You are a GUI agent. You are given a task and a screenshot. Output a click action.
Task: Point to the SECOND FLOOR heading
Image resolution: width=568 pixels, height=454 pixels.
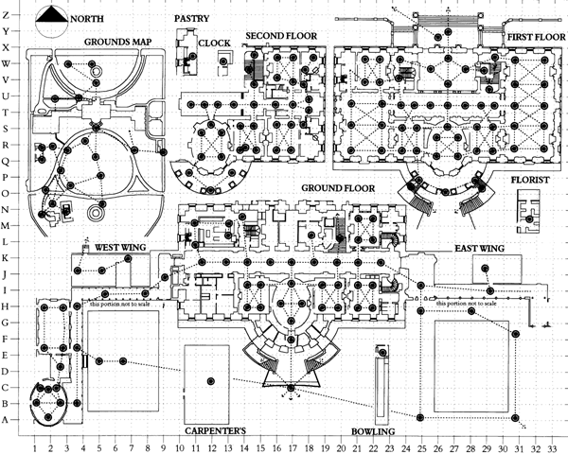pyautogui.click(x=281, y=36)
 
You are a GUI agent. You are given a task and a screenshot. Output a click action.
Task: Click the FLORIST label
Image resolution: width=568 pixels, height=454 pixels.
pyautogui.click(x=530, y=178)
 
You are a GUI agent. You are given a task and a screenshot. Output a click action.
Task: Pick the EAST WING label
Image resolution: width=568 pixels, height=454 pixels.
pyautogui.click(x=479, y=248)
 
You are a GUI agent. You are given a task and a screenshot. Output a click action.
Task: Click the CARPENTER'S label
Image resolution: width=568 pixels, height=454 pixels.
pyautogui.click(x=215, y=431)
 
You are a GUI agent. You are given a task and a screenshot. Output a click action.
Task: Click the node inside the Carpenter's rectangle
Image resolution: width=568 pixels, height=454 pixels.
pyautogui.click(x=212, y=380)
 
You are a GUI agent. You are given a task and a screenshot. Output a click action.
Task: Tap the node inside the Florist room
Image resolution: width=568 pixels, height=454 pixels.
pyautogui.click(x=530, y=219)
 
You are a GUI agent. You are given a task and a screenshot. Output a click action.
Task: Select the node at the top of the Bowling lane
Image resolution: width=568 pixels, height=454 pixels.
pyautogui.click(x=382, y=352)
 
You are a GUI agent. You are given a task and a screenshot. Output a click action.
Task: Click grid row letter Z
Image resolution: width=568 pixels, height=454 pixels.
pyautogui.click(x=7, y=14)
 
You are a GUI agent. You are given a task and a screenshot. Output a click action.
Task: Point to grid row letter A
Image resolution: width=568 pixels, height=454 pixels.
pyautogui.click(x=7, y=419)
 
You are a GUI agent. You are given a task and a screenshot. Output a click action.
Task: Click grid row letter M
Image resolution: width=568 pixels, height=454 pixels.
pyautogui.click(x=7, y=225)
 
